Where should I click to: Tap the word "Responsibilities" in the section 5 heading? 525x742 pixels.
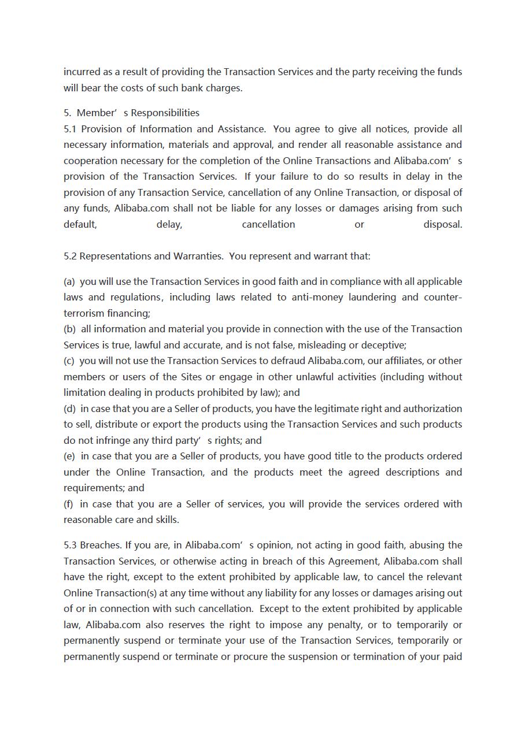pos(165,113)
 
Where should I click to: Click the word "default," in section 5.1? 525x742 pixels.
pos(80,224)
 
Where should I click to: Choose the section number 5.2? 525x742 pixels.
pos(69,256)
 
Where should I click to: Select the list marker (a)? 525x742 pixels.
pos(69,281)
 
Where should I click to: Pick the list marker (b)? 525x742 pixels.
pos(69,329)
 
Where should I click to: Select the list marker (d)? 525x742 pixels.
pos(69,409)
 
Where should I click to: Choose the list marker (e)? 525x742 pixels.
pos(69,456)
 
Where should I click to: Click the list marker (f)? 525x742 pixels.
pos(69,504)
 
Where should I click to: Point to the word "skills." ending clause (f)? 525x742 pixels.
pos(167,520)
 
